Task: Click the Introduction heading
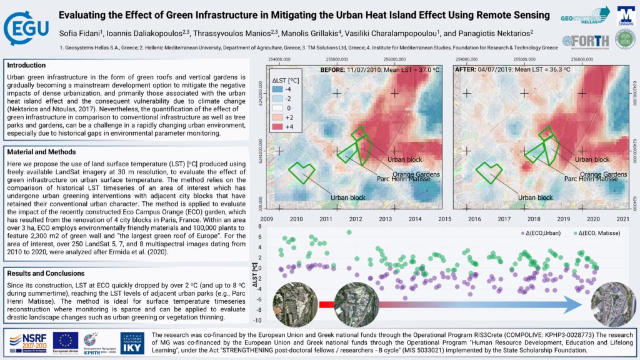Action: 26,65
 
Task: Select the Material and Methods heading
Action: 42,152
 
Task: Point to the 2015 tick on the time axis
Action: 444,219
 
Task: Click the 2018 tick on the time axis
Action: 534,219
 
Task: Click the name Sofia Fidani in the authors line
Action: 81,31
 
